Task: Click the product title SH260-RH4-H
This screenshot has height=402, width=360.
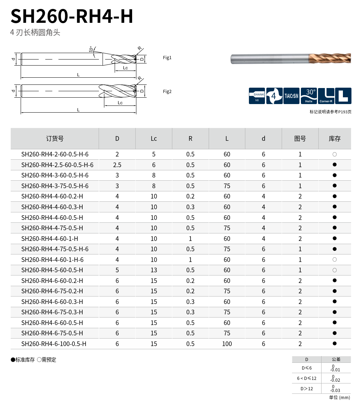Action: [x=72, y=16]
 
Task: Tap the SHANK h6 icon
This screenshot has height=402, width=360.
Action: [x=257, y=96]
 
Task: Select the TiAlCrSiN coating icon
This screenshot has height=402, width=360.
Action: [x=291, y=96]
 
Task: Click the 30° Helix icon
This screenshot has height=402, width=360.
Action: [x=309, y=96]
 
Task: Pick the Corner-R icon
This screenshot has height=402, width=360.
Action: [x=326, y=96]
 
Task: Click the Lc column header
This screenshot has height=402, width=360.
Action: [x=153, y=139]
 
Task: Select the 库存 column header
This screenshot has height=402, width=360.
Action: [x=334, y=139]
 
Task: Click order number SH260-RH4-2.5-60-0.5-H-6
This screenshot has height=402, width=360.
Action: [x=57, y=165]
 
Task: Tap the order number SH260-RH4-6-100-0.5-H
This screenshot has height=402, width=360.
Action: [x=54, y=344]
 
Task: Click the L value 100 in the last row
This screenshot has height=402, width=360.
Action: [x=227, y=344]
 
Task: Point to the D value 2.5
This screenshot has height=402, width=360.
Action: [x=117, y=165]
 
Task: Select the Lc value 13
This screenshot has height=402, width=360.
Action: [x=153, y=270]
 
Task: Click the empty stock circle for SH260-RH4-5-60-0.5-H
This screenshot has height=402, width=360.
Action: [x=334, y=270]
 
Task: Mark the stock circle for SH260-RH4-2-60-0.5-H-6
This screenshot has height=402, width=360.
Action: [x=334, y=154]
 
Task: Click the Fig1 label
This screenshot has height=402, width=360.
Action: [x=167, y=58]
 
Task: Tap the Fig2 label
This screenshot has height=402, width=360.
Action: [x=167, y=92]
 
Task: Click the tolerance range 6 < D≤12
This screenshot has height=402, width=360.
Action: [x=307, y=378]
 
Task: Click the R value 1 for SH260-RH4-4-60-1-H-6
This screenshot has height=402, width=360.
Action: [x=190, y=260]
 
